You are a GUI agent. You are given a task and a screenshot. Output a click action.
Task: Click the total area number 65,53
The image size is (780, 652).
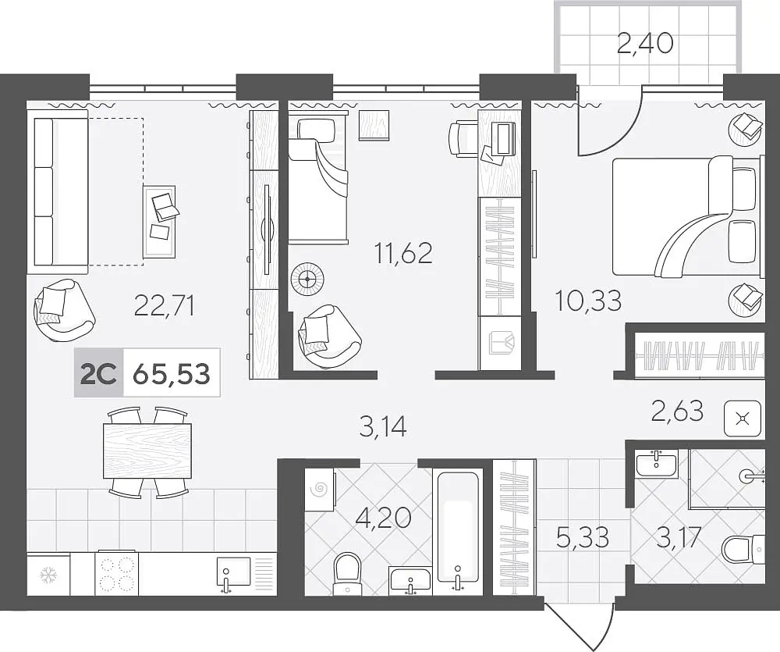click(172, 373)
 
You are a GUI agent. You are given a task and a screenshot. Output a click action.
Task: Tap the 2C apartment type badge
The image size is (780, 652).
click(98, 373)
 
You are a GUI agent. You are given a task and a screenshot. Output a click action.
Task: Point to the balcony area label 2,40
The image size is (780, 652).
click(645, 43)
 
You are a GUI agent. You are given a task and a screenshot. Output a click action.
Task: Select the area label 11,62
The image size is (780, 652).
click(403, 253)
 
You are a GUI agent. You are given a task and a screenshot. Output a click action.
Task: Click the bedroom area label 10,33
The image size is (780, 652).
click(588, 301)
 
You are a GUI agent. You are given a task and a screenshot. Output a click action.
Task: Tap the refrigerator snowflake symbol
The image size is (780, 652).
click(48, 575)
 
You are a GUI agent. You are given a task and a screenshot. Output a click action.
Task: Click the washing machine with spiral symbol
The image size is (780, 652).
click(319, 490)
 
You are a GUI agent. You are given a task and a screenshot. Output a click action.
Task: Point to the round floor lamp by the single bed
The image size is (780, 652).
click(307, 280)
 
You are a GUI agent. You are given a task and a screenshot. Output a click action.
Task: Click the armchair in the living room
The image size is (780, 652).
click(63, 309)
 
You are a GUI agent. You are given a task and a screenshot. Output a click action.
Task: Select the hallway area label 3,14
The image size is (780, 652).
click(383, 427)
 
